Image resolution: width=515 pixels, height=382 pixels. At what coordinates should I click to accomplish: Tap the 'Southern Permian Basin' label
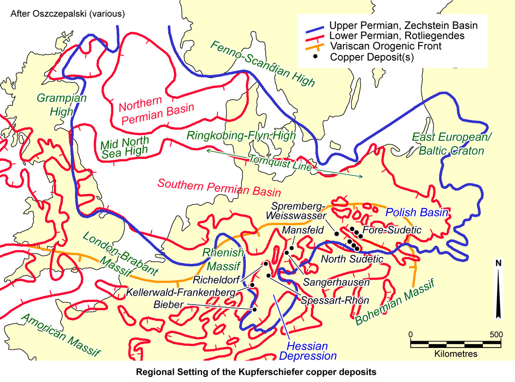coord(219,188)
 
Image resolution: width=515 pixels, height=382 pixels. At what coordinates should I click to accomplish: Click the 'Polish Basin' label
coord(417,212)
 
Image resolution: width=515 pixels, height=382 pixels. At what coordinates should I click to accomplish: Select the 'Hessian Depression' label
coord(308,351)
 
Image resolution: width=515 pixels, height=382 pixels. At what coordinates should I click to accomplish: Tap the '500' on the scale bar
coord(496,333)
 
